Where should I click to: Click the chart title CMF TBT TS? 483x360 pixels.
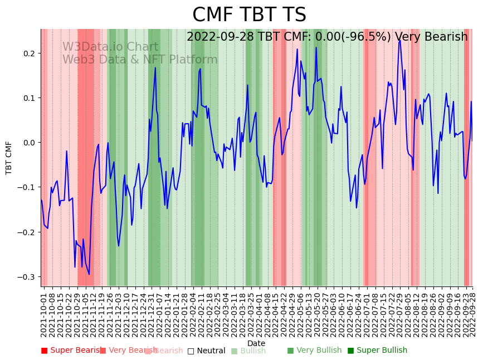[x=249, y=15]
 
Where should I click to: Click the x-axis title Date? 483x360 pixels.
[x=256, y=343]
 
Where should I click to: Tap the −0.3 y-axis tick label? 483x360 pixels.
[x=26, y=277]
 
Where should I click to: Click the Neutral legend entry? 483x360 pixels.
[x=206, y=351]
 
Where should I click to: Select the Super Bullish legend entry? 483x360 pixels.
[x=377, y=351]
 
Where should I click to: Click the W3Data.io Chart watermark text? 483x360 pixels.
[x=110, y=47]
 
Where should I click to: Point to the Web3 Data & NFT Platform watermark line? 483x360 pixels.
[x=140, y=60]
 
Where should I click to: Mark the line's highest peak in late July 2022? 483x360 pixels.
[x=399, y=40]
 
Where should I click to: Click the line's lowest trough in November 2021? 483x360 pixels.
[x=89, y=274]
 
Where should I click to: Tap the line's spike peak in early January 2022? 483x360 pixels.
[x=155, y=68]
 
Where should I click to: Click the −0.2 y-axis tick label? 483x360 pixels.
[x=26, y=232]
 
